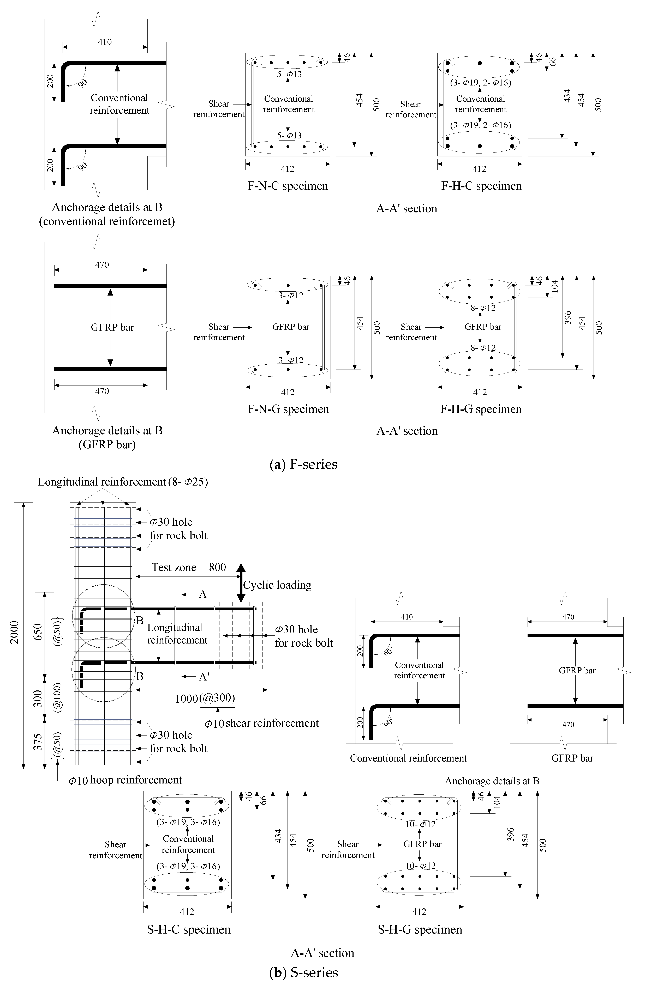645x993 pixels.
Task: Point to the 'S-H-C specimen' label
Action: (189, 930)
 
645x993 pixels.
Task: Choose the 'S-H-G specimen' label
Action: (420, 930)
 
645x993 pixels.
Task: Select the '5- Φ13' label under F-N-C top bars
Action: (289, 74)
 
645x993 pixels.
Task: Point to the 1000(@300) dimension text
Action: (205, 698)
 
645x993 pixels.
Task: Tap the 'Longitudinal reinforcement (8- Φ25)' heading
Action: (123, 482)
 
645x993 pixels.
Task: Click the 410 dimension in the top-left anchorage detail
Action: (105, 42)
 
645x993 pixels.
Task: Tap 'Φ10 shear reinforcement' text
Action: (262, 723)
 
